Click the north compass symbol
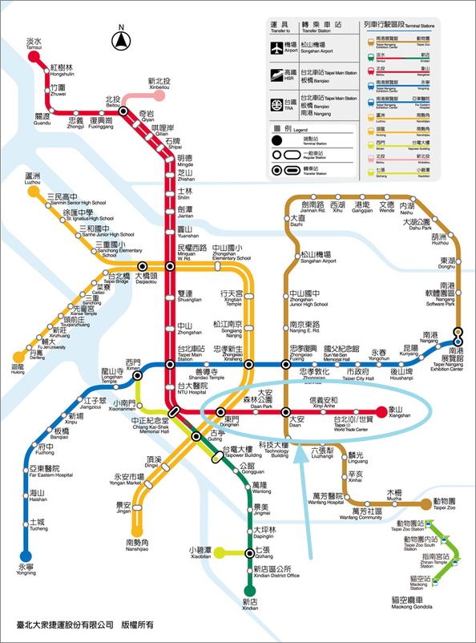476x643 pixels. coord(122,38)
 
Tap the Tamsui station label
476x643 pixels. coord(34,44)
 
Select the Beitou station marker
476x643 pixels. coord(123,111)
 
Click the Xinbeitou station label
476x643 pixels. coord(159,84)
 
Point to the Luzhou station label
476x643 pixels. coord(33,178)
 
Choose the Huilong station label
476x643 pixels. coord(18,370)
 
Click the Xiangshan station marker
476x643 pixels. coord(381,411)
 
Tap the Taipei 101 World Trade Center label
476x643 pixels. coord(353,422)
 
